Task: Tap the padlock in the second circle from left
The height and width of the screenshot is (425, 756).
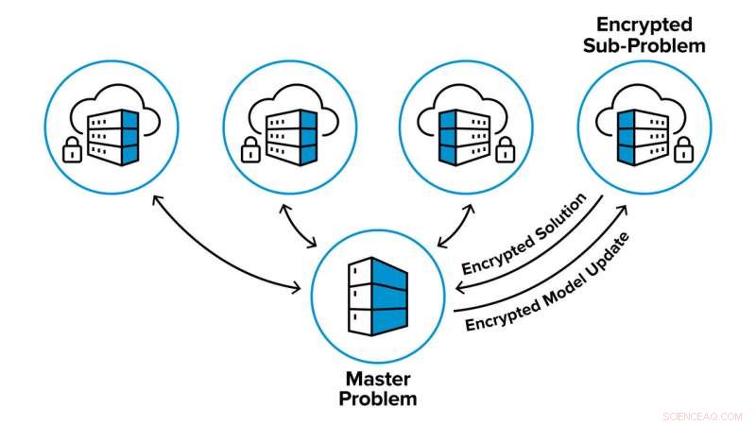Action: tap(249, 148)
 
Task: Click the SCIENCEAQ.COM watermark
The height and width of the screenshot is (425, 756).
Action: tap(706, 414)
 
